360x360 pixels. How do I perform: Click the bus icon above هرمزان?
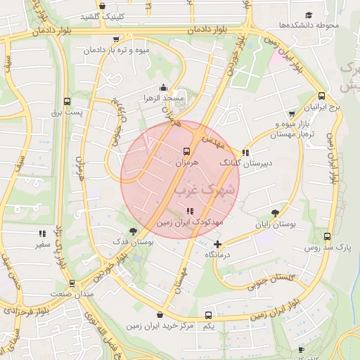[x=186, y=151]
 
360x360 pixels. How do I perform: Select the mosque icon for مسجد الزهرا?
[x=164, y=88]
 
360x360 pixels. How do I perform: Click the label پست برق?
[x=67, y=112]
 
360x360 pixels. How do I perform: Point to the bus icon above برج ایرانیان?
[x=321, y=96]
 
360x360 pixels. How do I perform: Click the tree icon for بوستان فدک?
[x=133, y=231]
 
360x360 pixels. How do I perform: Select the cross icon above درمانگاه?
[x=218, y=245]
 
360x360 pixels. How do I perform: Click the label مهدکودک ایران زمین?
[x=189, y=221]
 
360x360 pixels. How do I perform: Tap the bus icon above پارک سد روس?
[x=327, y=237]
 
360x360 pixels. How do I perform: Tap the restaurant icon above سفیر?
[x=43, y=233]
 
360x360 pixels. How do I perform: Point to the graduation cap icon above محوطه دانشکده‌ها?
[x=309, y=15]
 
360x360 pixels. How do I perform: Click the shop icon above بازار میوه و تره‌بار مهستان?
[x=292, y=114]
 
